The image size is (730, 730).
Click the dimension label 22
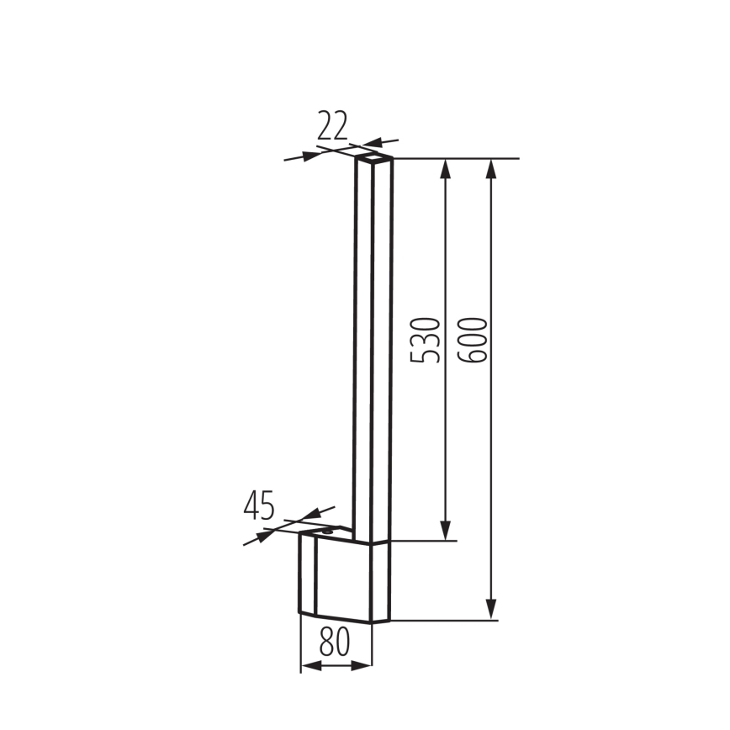click(x=332, y=126)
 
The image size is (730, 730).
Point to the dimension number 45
click(x=259, y=506)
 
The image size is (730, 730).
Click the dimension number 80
click(x=336, y=643)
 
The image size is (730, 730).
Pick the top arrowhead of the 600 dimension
click(x=492, y=168)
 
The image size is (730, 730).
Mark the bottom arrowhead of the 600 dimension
click(x=492, y=611)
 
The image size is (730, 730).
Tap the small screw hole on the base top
click(x=330, y=531)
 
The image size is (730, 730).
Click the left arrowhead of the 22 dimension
click(x=313, y=152)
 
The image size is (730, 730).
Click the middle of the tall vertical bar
click(x=373, y=345)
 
